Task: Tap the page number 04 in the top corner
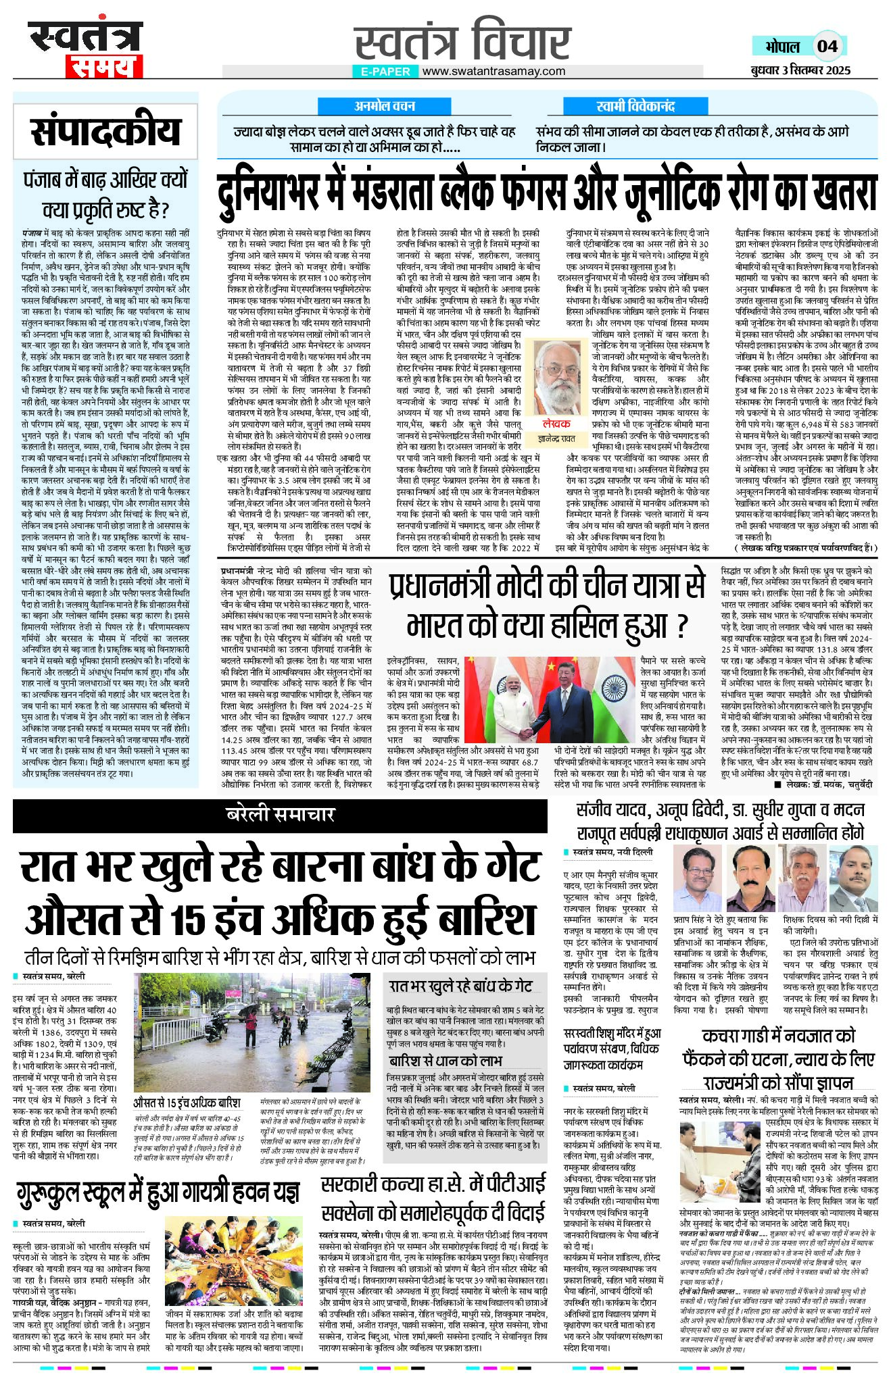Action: click(827, 47)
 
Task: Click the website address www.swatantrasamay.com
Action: click(493, 71)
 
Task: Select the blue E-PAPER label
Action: click(385, 72)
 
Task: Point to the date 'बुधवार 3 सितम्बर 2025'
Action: click(800, 70)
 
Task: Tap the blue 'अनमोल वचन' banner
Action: click(385, 106)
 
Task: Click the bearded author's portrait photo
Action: click(558, 378)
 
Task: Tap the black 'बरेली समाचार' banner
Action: click(280, 815)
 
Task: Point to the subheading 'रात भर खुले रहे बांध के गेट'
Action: click(460, 986)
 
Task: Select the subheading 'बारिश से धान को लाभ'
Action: click(445, 1060)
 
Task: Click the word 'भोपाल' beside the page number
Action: click(782, 47)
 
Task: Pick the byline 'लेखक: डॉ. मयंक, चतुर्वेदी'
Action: click(827, 784)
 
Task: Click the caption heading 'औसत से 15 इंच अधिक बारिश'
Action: click(187, 1103)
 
